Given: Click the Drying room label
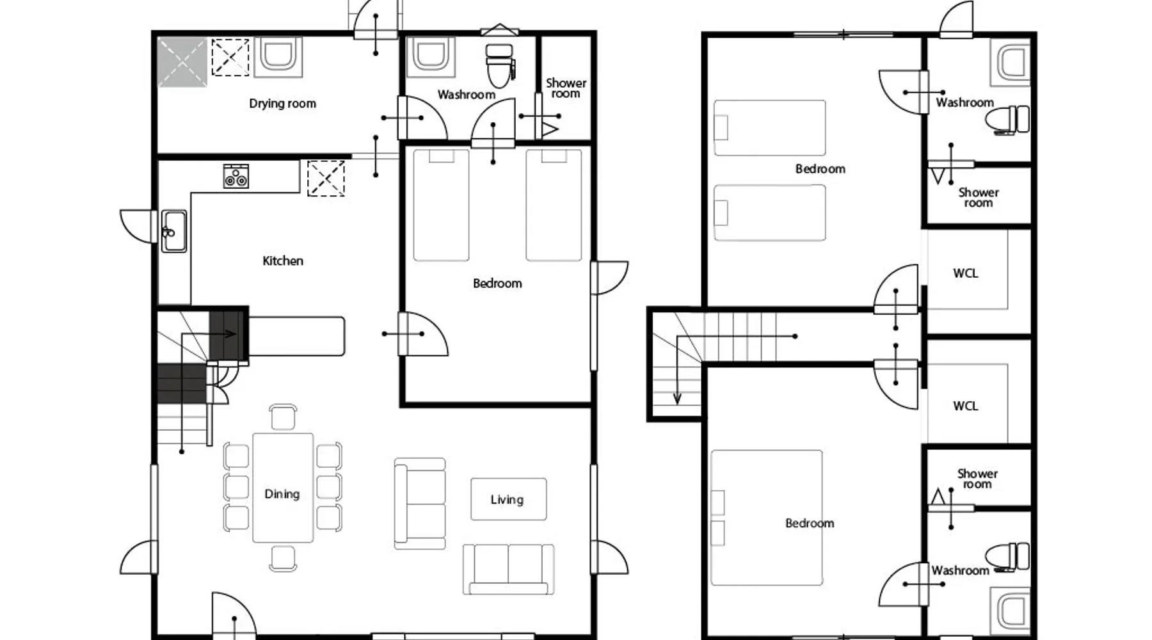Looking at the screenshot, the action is point(282,104).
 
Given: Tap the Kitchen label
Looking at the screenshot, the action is point(283,260).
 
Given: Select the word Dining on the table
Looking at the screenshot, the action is point(282,494).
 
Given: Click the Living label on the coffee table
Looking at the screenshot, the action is point(507,499).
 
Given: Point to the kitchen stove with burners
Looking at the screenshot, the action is point(236,176).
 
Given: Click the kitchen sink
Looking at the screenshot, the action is point(173,231).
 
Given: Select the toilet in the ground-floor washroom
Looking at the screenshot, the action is point(500,65).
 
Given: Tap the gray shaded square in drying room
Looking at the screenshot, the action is point(182,61).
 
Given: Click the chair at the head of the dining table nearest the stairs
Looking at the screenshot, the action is point(283,417).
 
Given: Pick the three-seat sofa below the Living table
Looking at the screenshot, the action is point(509,569).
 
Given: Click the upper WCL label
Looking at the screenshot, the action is point(965,273).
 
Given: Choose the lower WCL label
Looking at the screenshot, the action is point(965,406).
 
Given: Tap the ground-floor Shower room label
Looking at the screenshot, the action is point(566,88).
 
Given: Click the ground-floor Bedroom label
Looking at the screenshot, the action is point(497,283).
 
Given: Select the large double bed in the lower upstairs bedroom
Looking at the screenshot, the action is point(767,517).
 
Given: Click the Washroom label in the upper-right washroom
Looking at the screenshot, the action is point(964,102).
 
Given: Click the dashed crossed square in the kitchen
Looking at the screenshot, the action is point(326,178).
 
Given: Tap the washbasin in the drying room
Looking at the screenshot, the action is point(278,56).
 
